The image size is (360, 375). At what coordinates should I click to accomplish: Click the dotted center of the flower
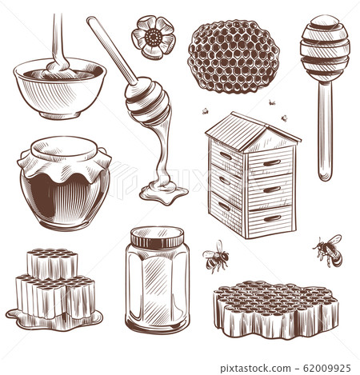click(154, 37)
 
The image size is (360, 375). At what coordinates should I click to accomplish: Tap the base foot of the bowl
click(60, 114)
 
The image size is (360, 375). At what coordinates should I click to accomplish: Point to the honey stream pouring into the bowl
click(58, 42)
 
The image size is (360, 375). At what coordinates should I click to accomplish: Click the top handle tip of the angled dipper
click(90, 20)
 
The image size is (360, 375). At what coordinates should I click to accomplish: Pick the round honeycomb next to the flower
click(234, 57)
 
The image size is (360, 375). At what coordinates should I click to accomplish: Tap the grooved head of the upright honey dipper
click(325, 48)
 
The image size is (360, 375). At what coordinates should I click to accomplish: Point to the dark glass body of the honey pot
click(65, 201)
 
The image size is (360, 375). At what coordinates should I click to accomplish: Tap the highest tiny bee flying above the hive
click(271, 102)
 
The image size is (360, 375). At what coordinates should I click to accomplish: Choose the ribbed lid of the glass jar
click(158, 237)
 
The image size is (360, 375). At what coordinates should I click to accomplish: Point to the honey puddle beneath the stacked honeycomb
click(54, 321)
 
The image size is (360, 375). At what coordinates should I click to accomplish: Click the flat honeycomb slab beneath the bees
click(276, 309)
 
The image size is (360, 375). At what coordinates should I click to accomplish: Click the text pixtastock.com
click(255, 369)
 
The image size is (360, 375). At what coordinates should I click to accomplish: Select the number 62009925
click(327, 368)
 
